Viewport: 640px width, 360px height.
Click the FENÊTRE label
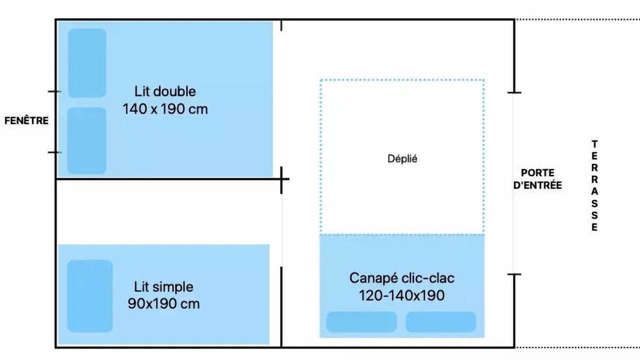pos(26,120)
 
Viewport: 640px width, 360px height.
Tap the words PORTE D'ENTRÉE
pos(537,179)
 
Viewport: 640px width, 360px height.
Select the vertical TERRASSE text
pos(594,185)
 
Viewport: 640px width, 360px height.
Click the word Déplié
pos(402,159)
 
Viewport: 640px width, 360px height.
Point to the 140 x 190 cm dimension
pos(165,109)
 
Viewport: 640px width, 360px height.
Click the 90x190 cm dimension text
pos(163,303)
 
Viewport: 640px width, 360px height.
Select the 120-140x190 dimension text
pos(401,295)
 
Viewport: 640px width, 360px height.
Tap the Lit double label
pos(165,91)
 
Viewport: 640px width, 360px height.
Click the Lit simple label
pos(163,287)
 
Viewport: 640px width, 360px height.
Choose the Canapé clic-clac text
pos(401,278)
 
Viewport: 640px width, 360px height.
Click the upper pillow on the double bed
pos(87,63)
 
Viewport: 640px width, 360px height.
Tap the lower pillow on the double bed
pos(86,140)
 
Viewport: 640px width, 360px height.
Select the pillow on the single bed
pos(89,296)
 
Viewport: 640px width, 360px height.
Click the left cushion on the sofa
pos(361,322)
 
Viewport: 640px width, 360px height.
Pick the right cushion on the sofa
pos(441,322)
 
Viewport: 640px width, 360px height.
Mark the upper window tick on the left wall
pos(54,91)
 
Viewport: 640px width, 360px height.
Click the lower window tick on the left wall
pos(54,152)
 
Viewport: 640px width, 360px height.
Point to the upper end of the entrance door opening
pos(514,92)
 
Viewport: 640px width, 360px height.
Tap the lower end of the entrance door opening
pos(514,274)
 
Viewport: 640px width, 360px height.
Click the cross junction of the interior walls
pos(281,179)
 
